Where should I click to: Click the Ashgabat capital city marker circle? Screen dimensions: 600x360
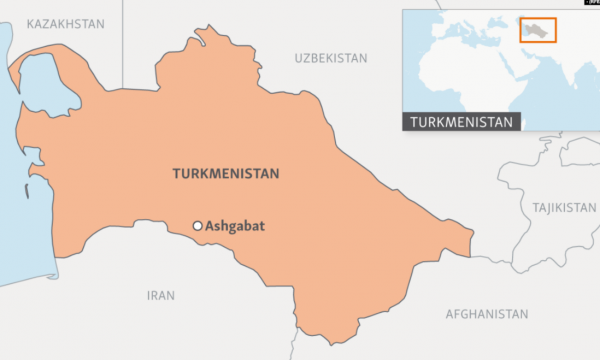[x=198, y=226]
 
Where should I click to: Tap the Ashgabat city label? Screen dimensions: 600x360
[x=234, y=226]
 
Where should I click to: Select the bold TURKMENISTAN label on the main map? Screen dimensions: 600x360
[x=226, y=174]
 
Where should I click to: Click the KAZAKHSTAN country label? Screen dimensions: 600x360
[x=67, y=22]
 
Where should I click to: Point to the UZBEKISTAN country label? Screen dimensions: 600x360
[x=331, y=59]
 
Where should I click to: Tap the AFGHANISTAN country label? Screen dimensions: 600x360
[x=487, y=314]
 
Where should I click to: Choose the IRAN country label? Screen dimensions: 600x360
[x=160, y=295]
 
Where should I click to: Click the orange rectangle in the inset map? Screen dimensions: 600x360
[x=538, y=29]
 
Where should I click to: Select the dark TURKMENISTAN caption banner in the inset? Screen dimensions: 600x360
[x=462, y=122]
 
